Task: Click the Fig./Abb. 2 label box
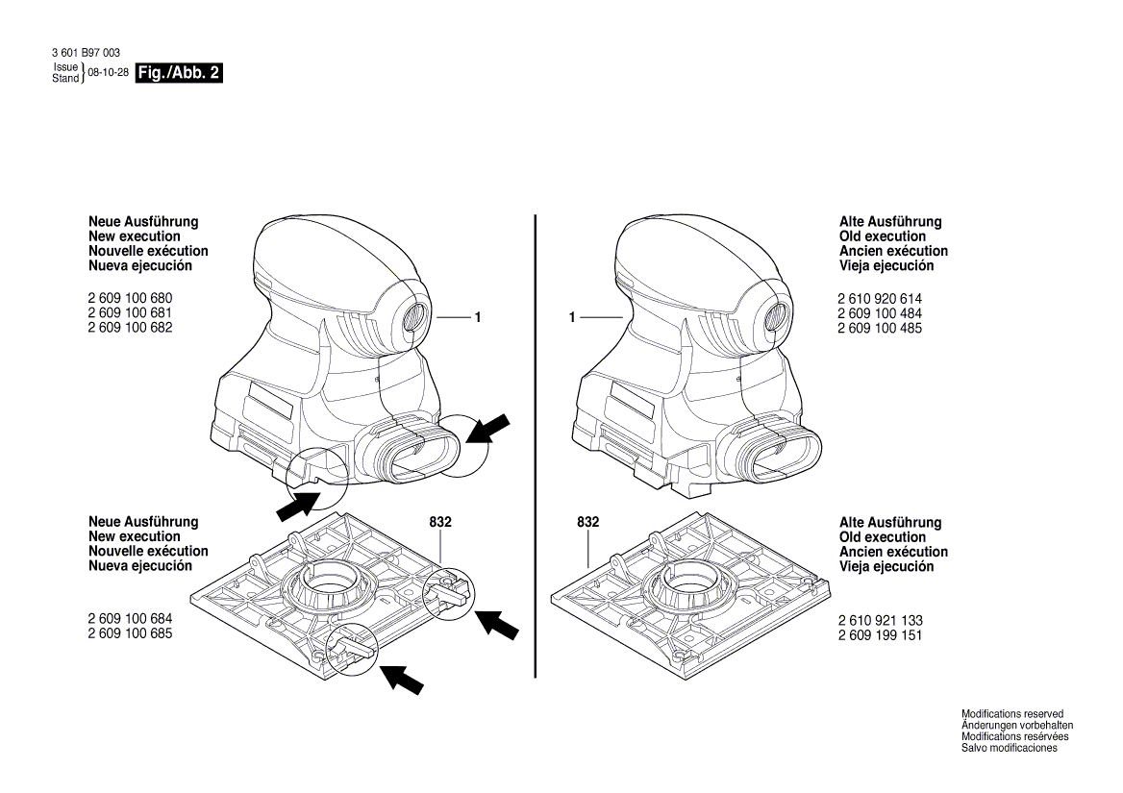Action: click(x=180, y=73)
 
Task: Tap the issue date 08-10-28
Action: click(x=109, y=73)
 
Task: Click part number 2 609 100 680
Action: click(x=131, y=299)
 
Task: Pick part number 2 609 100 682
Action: click(x=131, y=328)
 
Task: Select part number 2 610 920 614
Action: click(x=880, y=299)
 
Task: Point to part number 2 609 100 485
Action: click(x=880, y=328)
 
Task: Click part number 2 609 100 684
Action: click(x=131, y=619)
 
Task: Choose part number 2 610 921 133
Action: click(x=880, y=621)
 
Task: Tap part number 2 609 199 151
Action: click(x=880, y=635)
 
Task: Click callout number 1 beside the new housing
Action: click(x=476, y=317)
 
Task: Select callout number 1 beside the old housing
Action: click(x=571, y=317)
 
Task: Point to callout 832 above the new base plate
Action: click(x=440, y=522)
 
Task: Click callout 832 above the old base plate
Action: click(x=587, y=522)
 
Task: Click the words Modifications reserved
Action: click(x=1011, y=714)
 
